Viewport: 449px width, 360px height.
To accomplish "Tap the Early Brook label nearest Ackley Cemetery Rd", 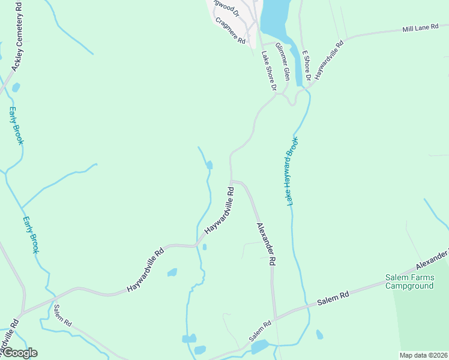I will [x=16, y=125].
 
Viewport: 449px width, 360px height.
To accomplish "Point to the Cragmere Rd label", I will [x=231, y=31].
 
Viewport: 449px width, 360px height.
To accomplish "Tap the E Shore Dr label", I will [x=306, y=65].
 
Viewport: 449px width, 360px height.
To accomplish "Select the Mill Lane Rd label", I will [x=421, y=28].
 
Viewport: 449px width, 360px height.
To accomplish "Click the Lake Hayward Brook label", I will [x=293, y=171].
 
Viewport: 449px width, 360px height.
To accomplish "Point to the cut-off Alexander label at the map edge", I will [x=433, y=260].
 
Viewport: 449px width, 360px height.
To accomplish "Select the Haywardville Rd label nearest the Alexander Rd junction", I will [x=218, y=210].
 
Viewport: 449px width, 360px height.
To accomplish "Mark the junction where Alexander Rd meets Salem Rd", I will [x=275, y=318].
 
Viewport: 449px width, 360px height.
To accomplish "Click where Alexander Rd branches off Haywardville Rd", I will [x=232, y=180].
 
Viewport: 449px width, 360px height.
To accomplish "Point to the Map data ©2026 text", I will [x=423, y=355].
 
